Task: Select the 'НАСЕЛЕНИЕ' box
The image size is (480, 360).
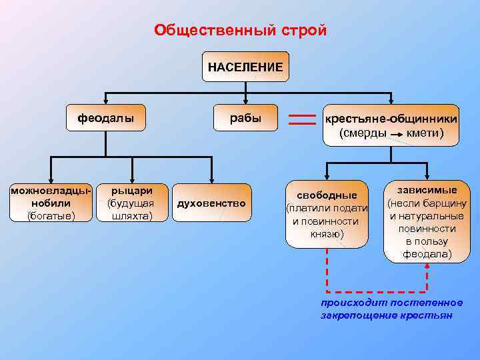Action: (x=245, y=67)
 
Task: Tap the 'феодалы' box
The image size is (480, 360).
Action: (x=106, y=119)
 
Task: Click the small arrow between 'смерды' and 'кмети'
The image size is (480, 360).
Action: (x=397, y=134)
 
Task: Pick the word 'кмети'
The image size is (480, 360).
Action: (x=423, y=133)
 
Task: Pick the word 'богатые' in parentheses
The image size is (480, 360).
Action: (x=51, y=215)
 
